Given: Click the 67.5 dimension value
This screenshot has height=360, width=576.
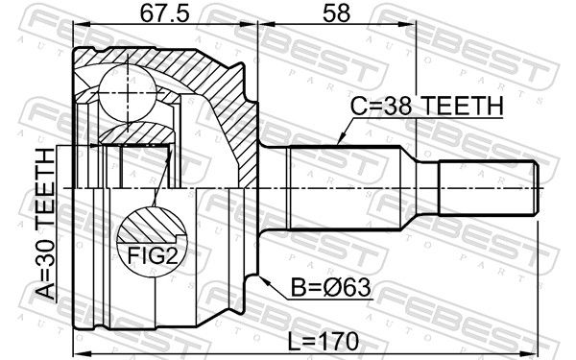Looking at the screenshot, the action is click(x=164, y=13).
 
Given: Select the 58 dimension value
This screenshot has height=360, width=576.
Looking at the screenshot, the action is click(x=336, y=13).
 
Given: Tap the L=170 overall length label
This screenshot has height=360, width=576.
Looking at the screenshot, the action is click(x=323, y=341).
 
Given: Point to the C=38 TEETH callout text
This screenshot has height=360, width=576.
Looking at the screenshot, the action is click(x=426, y=106).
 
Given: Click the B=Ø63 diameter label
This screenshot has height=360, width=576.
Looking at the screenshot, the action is click(x=330, y=287).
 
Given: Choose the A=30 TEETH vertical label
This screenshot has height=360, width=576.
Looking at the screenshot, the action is click(x=46, y=224).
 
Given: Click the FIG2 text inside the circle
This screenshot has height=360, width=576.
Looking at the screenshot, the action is click(x=153, y=255).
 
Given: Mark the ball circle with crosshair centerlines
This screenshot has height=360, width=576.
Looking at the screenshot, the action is click(x=128, y=92).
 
